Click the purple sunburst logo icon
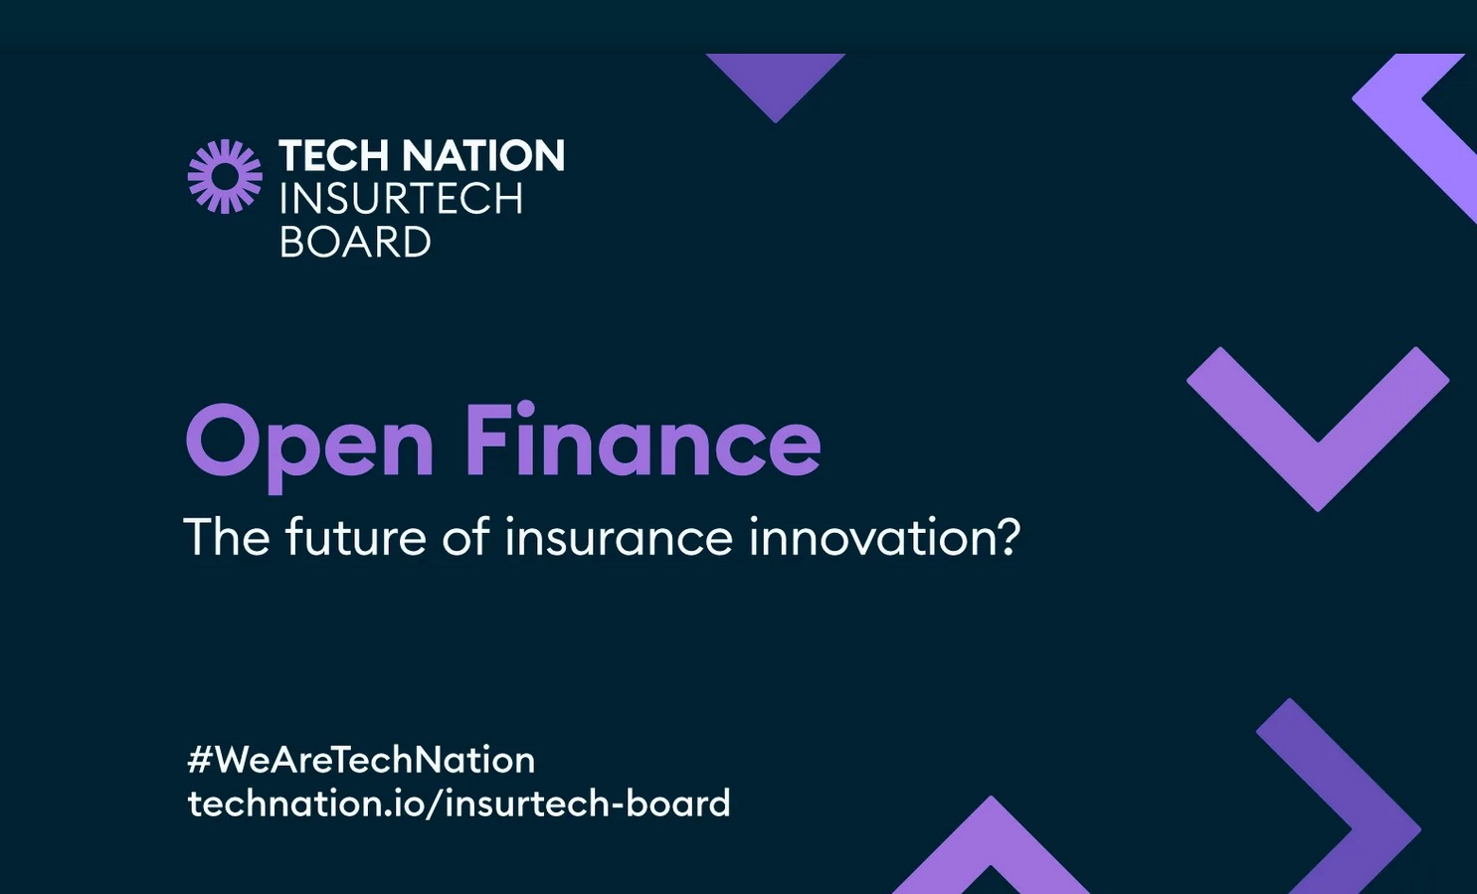225,177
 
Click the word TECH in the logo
333,155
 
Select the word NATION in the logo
483,155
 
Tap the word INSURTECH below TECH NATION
402,199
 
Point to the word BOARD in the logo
355,242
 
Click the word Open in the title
309,447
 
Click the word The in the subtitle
226,536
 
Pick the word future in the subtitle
356,536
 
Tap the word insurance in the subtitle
620,536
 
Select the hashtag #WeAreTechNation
361,760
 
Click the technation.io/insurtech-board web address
459,804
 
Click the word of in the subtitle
465,536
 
